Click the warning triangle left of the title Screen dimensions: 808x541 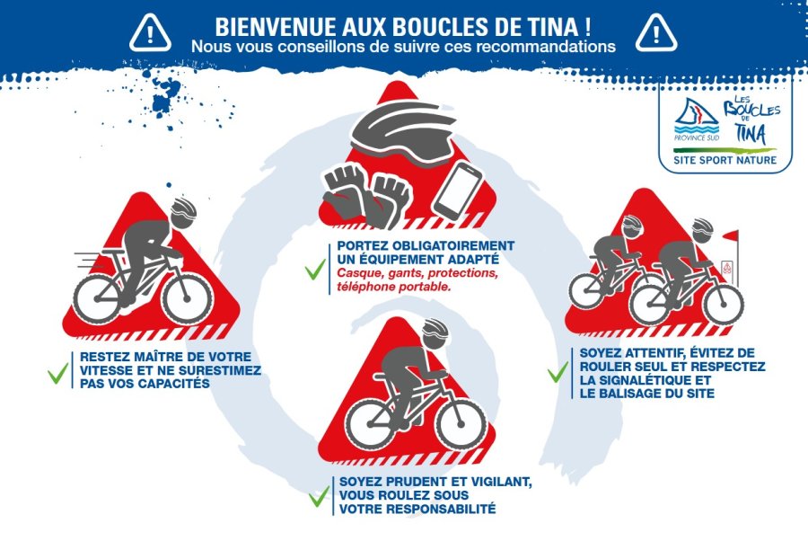click(150, 33)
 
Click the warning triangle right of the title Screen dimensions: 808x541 click(656, 33)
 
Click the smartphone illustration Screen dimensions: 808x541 click(457, 191)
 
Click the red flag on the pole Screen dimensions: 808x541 click(731, 236)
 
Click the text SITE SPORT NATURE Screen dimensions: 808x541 click(725, 160)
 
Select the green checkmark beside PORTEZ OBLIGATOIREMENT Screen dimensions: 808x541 click(315, 270)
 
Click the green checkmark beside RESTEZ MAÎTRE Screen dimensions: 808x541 click(57, 373)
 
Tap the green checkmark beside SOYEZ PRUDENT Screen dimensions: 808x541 click(319, 497)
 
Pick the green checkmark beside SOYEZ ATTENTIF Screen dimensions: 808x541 click(558, 372)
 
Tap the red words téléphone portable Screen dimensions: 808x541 click(394, 287)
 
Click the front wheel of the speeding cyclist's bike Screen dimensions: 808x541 click(187, 299)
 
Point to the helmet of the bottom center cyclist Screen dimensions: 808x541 click(435, 333)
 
